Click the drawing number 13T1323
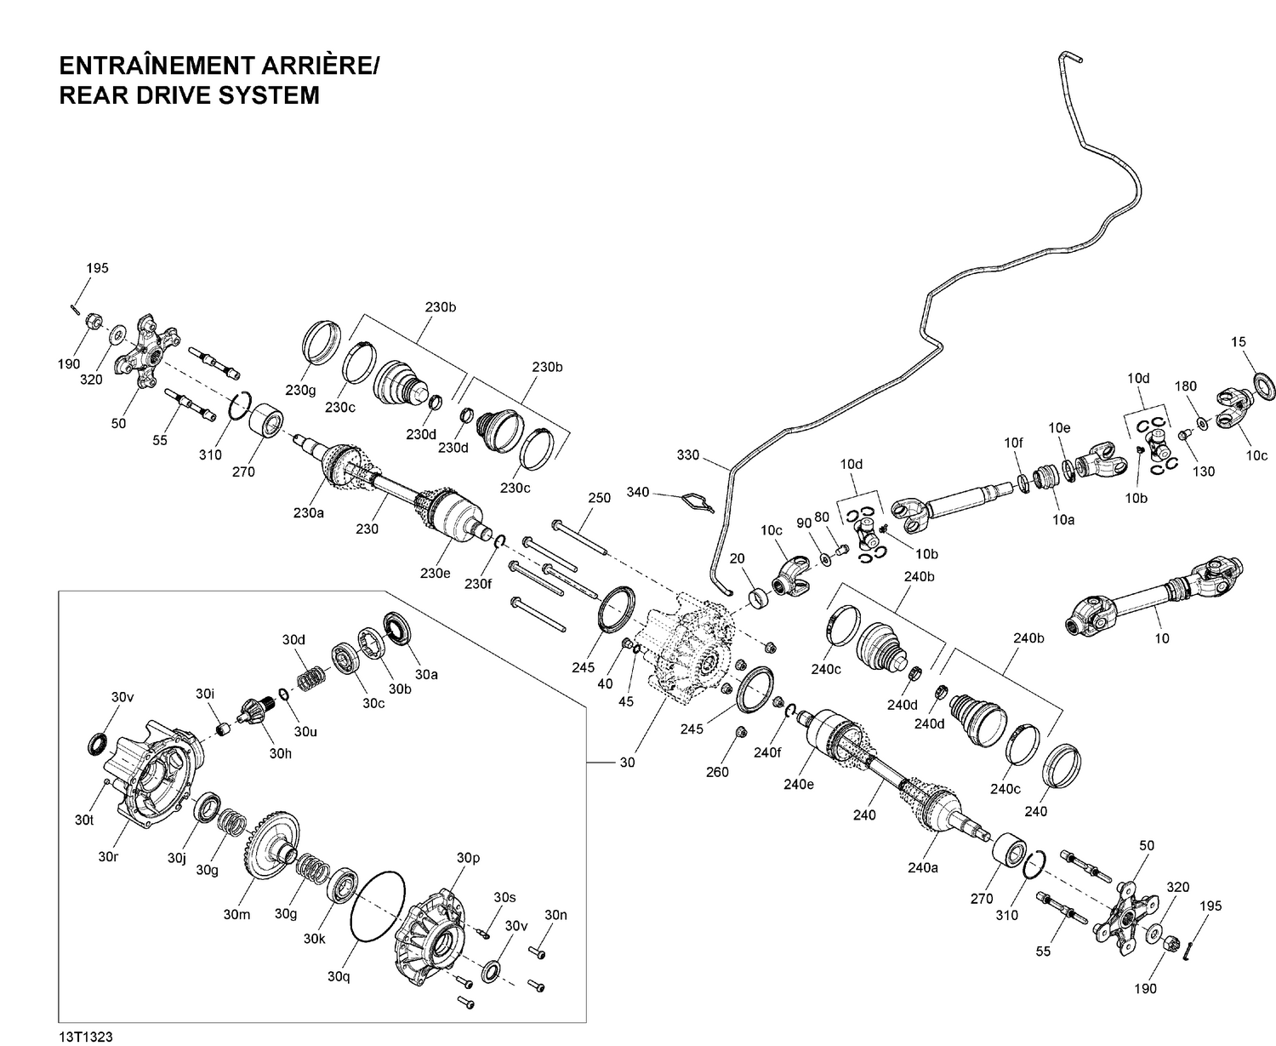[x=86, y=1036]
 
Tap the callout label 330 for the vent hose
[x=687, y=454]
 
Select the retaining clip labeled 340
[x=697, y=501]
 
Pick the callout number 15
[x=1239, y=342]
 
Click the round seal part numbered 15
[x=1264, y=385]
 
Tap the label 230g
[x=300, y=390]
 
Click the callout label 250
[x=600, y=498]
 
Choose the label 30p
[x=469, y=858]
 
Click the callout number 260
[x=718, y=773]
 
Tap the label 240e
[x=799, y=784]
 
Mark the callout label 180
[x=1186, y=386]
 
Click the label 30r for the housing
[x=107, y=856]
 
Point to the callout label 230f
[x=477, y=584]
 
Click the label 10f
[x=1013, y=443]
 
